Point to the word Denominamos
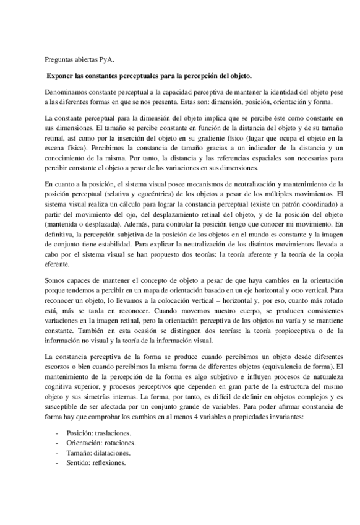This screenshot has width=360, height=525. pyautogui.click(x=67, y=92)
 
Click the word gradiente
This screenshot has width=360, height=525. pyautogui.click(x=238, y=141)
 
